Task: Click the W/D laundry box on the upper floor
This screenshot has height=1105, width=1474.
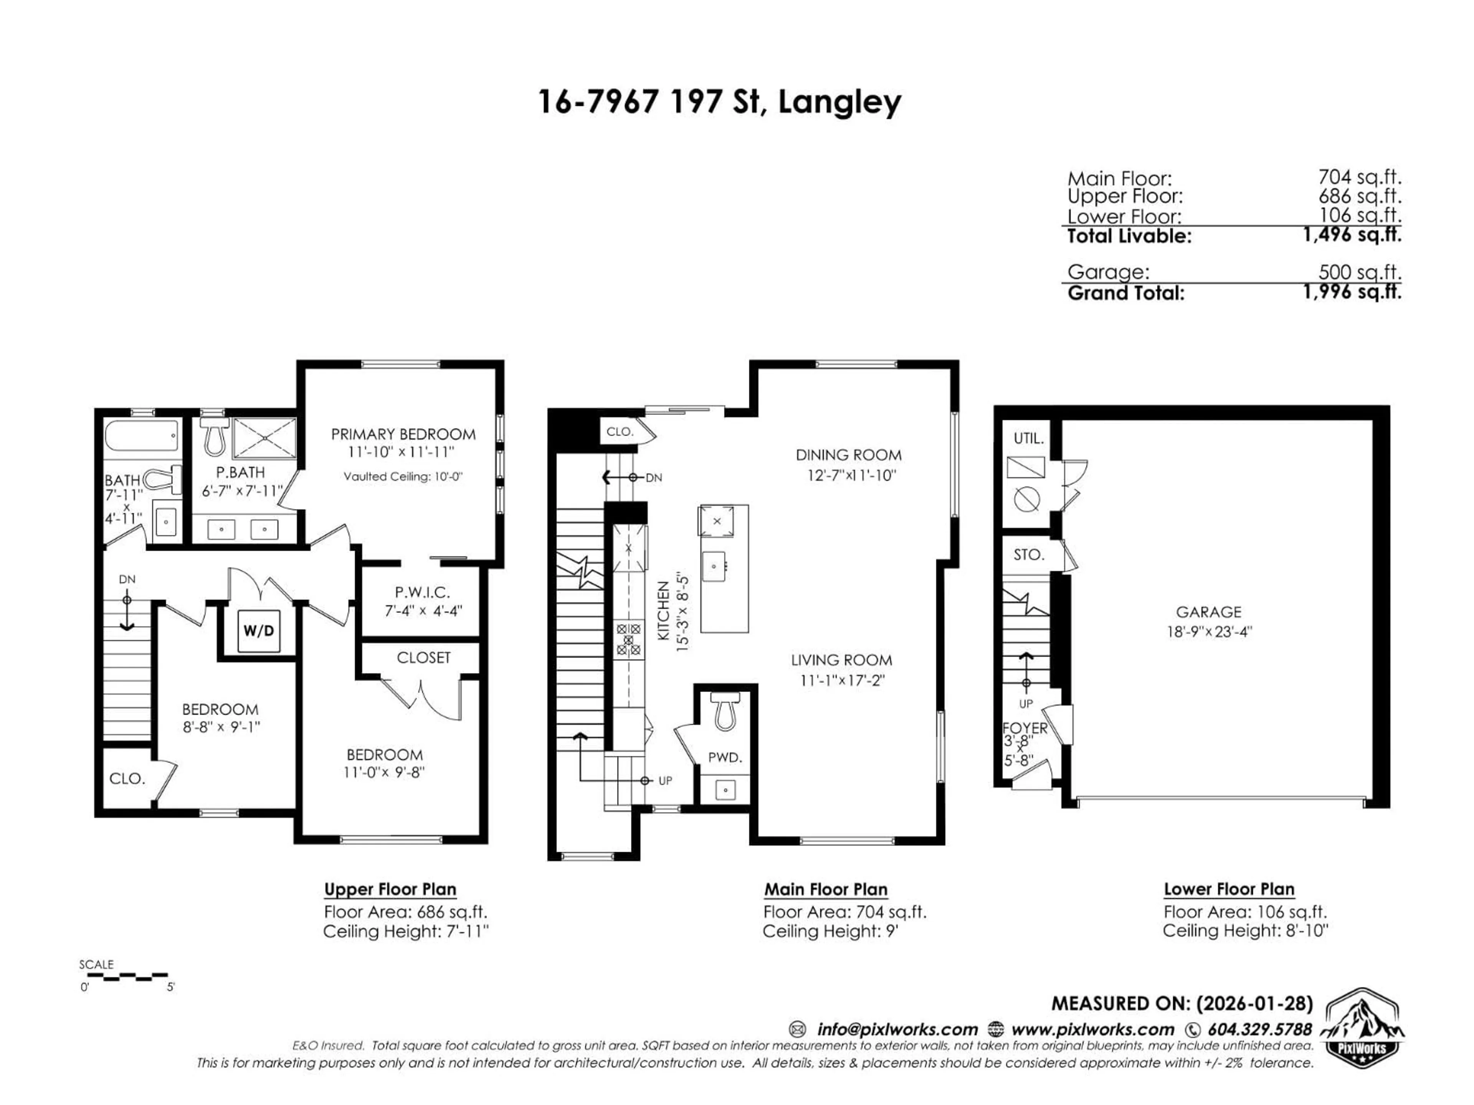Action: (259, 630)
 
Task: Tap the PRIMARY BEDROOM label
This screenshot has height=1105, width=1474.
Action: (403, 434)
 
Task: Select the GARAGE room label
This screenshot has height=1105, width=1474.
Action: (1208, 612)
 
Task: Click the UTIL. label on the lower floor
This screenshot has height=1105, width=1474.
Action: (1028, 438)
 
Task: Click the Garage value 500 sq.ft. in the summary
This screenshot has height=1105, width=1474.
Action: (1359, 272)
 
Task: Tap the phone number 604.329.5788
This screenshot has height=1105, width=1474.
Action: (1259, 1029)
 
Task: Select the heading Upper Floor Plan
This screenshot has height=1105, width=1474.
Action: (390, 889)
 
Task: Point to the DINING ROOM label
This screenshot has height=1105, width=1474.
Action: (848, 455)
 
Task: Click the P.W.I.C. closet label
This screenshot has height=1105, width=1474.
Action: (423, 592)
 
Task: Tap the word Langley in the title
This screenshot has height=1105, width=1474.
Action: (839, 102)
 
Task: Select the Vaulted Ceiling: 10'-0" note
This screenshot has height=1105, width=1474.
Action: (403, 476)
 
